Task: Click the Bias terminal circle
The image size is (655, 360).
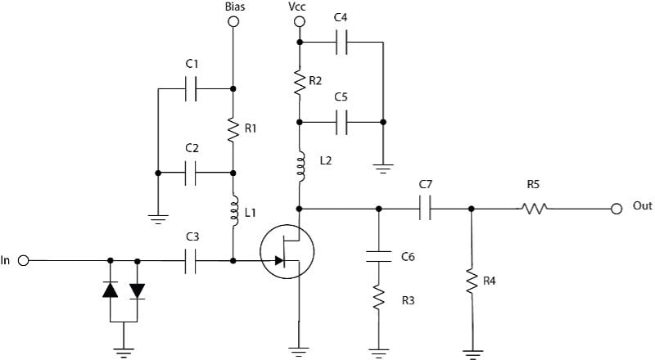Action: coord(233,22)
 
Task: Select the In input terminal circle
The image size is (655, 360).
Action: coord(24,261)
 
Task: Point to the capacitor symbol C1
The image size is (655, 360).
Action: coord(192,89)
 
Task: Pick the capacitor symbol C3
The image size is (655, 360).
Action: coord(192,261)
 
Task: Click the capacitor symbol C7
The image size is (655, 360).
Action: coord(425,208)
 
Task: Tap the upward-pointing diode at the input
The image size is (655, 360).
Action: coord(111,290)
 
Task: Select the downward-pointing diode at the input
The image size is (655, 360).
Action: coord(137,290)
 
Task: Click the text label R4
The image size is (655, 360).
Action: coord(489,281)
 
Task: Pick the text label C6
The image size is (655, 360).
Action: coord(408,257)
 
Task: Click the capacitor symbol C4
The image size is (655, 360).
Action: coord(341,42)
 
